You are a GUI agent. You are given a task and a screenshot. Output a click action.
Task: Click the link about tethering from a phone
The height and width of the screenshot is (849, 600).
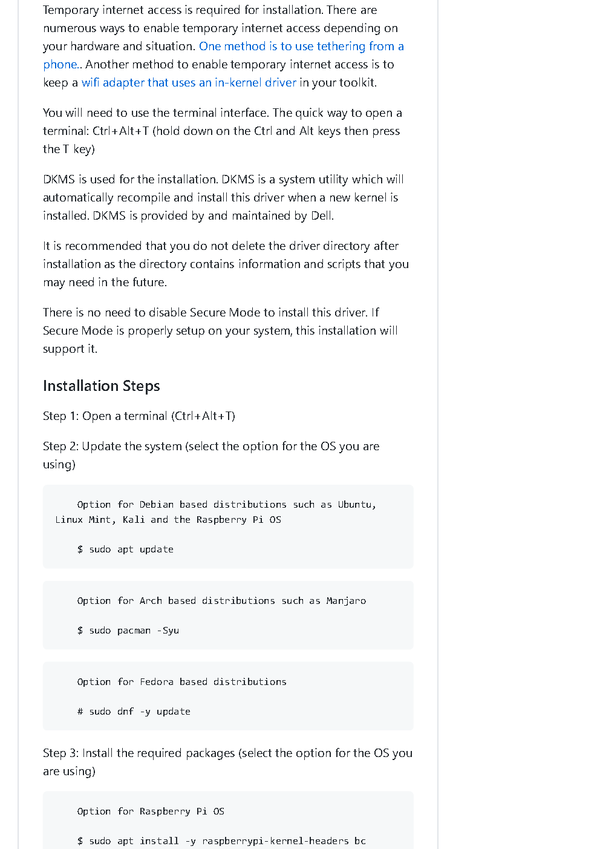pyautogui.click(x=301, y=47)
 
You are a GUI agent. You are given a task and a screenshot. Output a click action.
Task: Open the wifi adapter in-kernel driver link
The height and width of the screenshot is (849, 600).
pyautogui.click(x=189, y=83)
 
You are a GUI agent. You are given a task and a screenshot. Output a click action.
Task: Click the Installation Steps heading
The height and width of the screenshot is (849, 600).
pyautogui.click(x=102, y=386)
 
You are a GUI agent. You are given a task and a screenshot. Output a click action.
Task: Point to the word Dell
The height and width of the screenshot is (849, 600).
pyautogui.click(x=322, y=216)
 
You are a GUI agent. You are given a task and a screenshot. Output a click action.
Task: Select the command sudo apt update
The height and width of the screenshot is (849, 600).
pyautogui.click(x=131, y=549)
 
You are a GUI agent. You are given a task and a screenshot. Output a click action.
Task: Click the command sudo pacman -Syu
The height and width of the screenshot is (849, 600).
pyautogui.click(x=134, y=631)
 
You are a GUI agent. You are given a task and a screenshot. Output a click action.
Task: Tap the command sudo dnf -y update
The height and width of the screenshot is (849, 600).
pyautogui.click(x=139, y=712)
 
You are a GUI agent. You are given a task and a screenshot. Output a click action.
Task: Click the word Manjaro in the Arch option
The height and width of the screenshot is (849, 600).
pyautogui.click(x=346, y=601)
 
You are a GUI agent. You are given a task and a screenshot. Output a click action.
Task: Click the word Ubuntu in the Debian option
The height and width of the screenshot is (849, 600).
pyautogui.click(x=356, y=505)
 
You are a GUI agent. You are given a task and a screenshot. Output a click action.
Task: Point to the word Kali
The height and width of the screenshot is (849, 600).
pyautogui.click(x=134, y=520)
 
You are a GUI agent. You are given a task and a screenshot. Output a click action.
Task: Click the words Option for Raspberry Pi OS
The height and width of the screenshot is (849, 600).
pyautogui.click(x=151, y=811)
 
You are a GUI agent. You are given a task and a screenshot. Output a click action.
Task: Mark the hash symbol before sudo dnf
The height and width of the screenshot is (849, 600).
pyautogui.click(x=80, y=712)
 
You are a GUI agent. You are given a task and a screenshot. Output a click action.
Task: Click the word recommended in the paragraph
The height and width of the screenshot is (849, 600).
pyautogui.click(x=103, y=246)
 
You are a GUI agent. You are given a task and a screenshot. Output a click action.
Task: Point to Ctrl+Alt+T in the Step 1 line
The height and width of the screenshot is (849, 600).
pyautogui.click(x=203, y=416)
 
